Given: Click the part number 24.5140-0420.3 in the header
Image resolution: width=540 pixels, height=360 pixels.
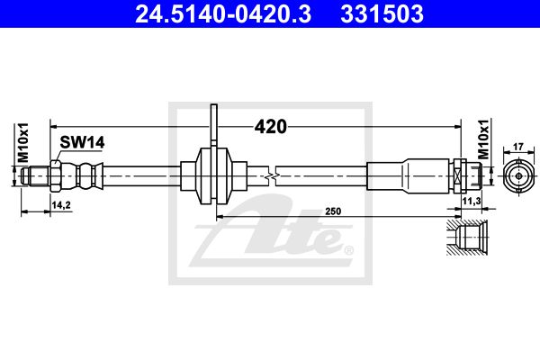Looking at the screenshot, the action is tap(223, 13).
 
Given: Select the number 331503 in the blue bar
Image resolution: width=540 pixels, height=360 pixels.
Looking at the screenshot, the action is tap(382, 13).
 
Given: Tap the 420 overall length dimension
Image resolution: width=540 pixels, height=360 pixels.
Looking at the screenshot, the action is tap(270, 127).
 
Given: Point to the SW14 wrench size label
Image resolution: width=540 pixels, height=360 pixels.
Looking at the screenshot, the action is tap(82, 142).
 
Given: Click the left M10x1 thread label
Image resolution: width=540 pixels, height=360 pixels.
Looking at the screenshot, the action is tap(23, 142).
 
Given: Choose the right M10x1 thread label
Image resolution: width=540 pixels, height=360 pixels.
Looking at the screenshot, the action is tap(483, 139).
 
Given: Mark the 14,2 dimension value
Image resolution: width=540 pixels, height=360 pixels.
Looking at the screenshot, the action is tap(61, 205).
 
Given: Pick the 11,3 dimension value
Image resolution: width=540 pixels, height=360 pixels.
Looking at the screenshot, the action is tap(472, 202).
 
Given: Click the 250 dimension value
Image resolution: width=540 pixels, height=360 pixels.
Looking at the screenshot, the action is tap(333, 211).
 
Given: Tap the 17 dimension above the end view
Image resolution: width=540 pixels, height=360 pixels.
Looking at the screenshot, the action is tap(518, 147).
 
